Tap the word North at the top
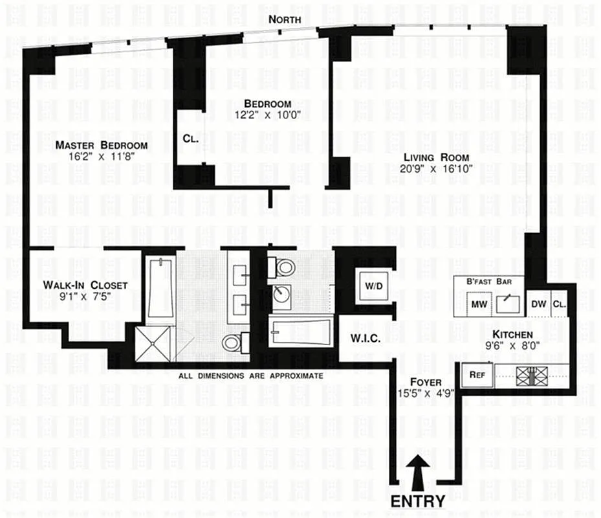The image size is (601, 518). point(285,19)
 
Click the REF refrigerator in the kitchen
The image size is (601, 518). point(477,374)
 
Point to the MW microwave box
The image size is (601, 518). point(479,304)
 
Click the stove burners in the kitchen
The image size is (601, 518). point(530,374)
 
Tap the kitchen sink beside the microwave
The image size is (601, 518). point(508,302)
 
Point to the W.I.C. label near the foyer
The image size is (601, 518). point(365,339)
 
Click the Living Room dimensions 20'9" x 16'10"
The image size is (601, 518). point(436,168)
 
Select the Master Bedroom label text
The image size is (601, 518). point(101,145)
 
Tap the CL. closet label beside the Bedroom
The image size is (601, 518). point(190,137)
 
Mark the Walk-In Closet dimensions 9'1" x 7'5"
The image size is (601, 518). point(85,297)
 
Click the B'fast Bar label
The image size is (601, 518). point(490,282)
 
